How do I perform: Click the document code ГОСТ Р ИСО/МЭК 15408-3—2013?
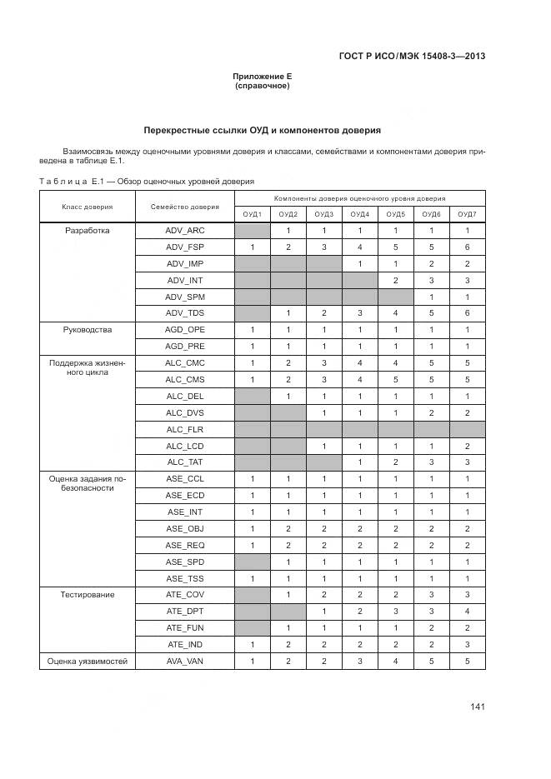point(412,57)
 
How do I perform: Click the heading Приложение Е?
point(262,77)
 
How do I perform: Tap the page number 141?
point(478,707)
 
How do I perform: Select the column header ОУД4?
point(360,214)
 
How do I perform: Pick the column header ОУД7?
point(468,214)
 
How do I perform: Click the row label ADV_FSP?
point(184,247)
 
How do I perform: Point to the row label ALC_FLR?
point(184,429)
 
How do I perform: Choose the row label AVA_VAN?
point(184,661)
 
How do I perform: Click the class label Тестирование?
point(88,595)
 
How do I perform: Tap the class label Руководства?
point(88,330)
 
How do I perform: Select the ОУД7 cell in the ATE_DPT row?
point(468,612)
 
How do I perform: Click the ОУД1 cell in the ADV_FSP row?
point(252,247)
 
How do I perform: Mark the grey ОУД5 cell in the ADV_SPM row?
point(396,297)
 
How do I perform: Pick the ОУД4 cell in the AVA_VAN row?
point(360,661)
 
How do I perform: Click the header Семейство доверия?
point(185,207)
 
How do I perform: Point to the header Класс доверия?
point(88,207)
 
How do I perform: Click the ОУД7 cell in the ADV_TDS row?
point(468,313)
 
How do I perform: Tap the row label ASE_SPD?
point(184,562)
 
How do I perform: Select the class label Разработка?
point(88,231)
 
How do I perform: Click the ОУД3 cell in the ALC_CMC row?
point(324,363)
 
